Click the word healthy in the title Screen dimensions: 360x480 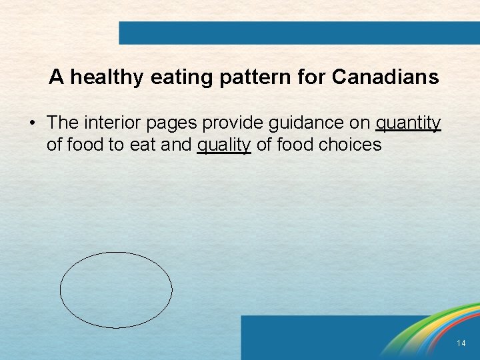107,78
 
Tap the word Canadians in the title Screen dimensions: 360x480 385,78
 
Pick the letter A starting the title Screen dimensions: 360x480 56,78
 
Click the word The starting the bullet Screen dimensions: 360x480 63,123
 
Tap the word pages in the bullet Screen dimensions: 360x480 176,123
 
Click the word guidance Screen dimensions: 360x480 313,123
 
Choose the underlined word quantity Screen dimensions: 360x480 409,123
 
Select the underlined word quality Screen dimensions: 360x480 224,145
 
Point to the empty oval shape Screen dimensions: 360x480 116,290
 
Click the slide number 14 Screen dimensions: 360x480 461,343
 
